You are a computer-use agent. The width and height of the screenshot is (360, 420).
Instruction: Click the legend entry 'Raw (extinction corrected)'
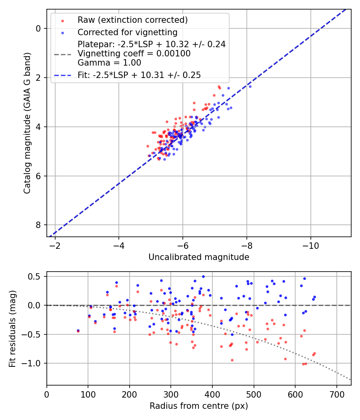tap(132, 20)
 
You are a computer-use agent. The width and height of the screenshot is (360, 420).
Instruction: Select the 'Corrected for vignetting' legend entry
tap(127, 32)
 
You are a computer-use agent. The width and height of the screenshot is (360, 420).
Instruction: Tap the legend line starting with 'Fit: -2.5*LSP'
tap(139, 75)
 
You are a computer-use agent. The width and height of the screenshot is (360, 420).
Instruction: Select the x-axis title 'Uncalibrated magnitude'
tap(199, 257)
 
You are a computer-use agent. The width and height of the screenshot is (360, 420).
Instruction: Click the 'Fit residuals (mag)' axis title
tap(12, 328)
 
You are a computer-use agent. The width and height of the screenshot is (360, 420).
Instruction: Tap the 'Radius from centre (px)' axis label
tap(199, 406)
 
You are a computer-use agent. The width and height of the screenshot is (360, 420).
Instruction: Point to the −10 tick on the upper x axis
tap(310, 245)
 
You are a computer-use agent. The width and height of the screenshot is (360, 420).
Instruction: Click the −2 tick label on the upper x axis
tap(55, 245)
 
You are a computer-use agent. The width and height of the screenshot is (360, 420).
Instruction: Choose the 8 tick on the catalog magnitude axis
tap(39, 225)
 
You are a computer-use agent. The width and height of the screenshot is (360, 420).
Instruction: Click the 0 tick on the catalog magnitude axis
tap(39, 28)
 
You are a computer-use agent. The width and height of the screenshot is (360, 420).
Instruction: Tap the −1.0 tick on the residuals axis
tap(33, 363)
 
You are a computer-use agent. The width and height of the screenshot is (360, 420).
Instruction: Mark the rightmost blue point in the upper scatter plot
tap(250, 86)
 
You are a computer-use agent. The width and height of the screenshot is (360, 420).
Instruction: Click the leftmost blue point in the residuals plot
tap(78, 330)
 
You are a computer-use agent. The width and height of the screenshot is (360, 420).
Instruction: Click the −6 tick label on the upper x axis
tap(182, 245)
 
